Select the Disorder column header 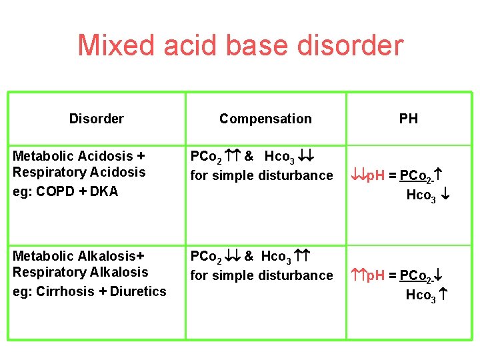[96, 119]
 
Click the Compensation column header [265, 119]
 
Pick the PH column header [409, 119]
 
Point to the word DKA [103, 191]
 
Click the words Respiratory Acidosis [79, 172]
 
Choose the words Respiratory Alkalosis [81, 272]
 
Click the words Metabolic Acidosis [73, 156]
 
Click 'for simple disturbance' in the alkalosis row [261, 275]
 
